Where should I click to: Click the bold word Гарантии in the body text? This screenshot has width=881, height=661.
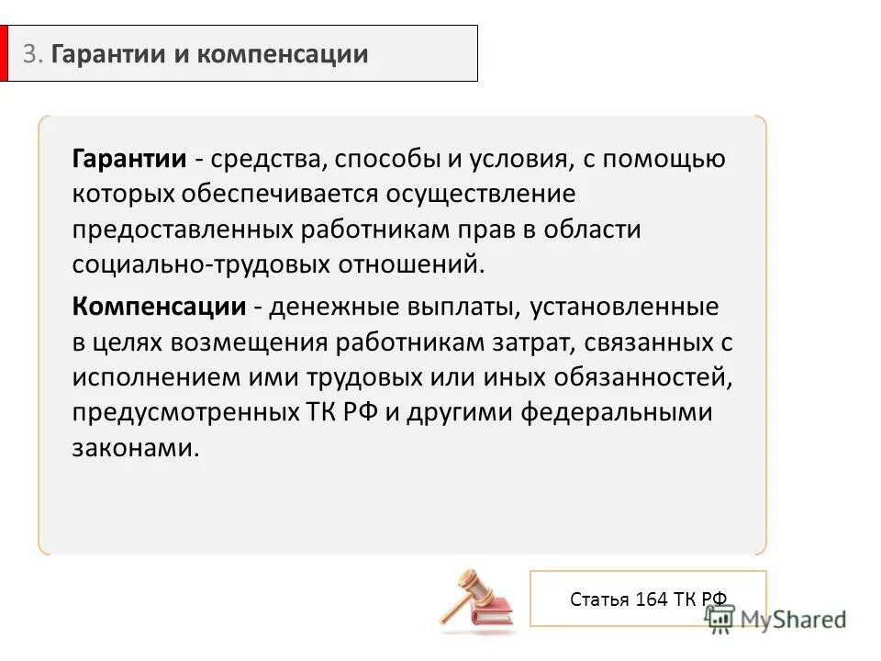click(x=129, y=159)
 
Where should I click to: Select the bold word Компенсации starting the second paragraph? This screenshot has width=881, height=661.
click(x=159, y=306)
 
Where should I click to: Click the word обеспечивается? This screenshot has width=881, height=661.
click(x=316, y=195)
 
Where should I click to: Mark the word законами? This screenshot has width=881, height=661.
click(x=135, y=447)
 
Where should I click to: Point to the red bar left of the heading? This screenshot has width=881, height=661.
click(x=4, y=53)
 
